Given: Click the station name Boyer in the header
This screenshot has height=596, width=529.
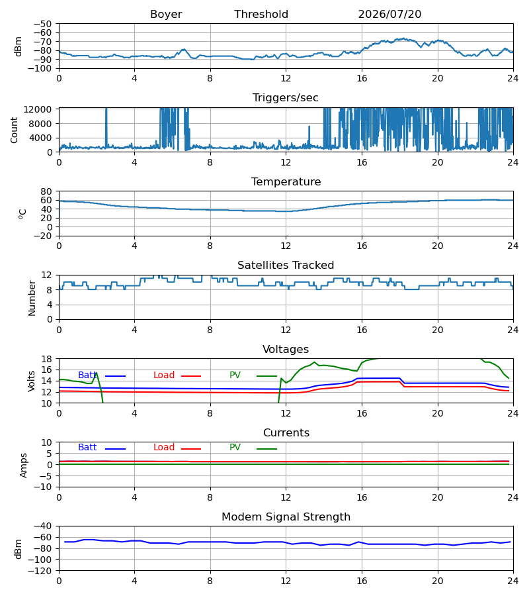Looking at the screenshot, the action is tap(166, 15).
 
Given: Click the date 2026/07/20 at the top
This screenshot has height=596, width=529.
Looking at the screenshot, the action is tap(389, 15).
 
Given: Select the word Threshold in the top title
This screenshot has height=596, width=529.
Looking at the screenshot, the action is tap(261, 15).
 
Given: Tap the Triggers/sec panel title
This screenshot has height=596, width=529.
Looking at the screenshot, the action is tap(286, 98).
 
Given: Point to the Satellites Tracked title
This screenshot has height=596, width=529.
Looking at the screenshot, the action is tap(286, 266).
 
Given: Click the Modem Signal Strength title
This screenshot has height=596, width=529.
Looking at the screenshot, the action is tap(286, 517).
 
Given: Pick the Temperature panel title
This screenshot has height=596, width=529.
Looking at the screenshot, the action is tap(286, 181).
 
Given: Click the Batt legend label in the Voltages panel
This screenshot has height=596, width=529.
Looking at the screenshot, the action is tap(87, 375).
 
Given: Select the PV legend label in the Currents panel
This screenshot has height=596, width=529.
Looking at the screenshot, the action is tap(235, 448).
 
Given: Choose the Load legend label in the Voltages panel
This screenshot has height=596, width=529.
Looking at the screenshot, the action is tap(164, 375).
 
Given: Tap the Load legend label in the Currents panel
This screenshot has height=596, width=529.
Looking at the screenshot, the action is tap(164, 448).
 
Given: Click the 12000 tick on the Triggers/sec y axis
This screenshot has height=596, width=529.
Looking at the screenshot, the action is tap(38, 109).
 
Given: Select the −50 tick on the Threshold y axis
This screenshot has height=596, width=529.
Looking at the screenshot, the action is tap(42, 24).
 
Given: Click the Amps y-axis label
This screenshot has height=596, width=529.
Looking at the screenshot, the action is tap(24, 466).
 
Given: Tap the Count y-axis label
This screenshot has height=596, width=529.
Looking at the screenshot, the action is tap(15, 130).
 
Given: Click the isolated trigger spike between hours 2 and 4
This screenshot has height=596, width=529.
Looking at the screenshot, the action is tap(106, 128).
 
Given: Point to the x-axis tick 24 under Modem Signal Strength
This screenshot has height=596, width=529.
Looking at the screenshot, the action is tap(513, 581).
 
